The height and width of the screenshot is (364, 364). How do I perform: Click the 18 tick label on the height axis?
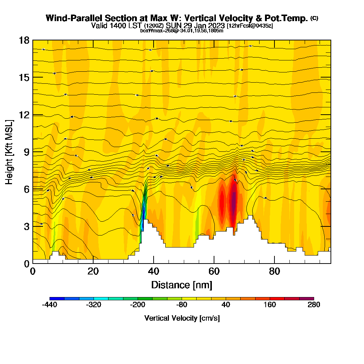(24, 40)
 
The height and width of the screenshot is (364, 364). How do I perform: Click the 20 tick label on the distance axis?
(93, 272)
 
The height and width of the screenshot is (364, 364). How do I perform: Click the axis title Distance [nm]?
(182, 285)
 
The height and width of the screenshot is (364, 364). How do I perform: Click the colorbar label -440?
(50, 305)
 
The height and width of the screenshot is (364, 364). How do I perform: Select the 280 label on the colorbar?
(313, 305)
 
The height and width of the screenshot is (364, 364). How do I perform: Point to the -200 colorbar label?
(138, 305)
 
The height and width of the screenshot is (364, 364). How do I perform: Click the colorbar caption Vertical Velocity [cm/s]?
(182, 318)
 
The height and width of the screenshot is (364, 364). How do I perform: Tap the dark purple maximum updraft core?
(234, 198)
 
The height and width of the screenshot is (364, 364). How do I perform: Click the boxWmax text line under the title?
(182, 31)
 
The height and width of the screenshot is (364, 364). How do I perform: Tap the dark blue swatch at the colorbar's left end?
(57, 298)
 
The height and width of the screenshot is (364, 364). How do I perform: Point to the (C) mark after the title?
(314, 18)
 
